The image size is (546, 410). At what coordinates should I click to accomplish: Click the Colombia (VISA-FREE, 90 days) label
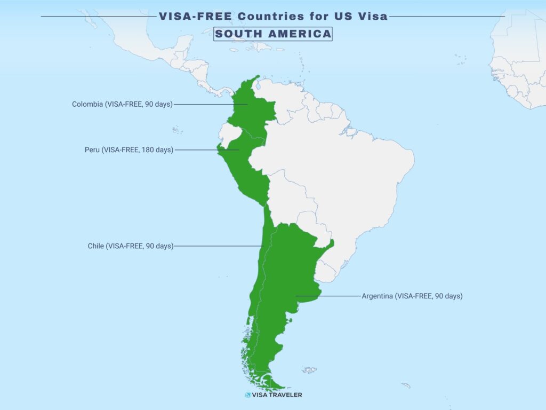tap(122, 104)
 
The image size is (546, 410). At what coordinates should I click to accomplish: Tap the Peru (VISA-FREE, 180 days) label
tap(129, 150)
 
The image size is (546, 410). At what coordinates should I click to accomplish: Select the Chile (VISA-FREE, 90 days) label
tap(131, 246)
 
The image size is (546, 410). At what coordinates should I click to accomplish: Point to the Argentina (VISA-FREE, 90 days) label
tap(412, 296)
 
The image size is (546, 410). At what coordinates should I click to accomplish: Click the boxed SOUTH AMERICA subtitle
tap(273, 34)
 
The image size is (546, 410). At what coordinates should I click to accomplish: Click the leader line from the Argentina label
tap(328, 296)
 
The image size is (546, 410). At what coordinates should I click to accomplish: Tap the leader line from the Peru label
tap(205, 150)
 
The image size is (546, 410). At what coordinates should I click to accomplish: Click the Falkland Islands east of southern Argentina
tap(309, 369)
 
